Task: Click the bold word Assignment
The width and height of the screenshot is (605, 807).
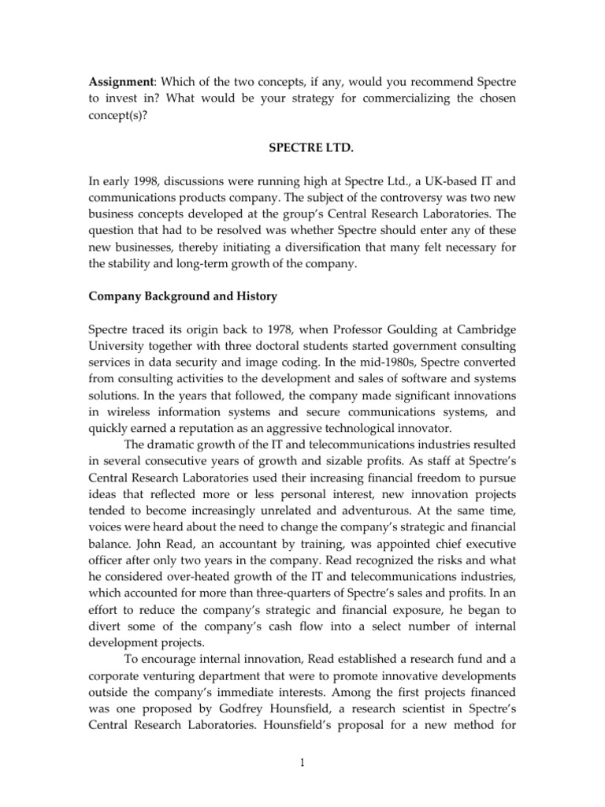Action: (117, 83)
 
